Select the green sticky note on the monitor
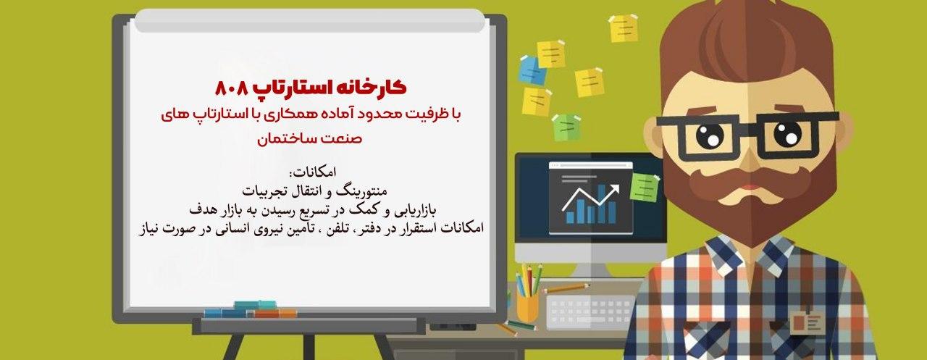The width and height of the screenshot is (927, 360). (644, 188)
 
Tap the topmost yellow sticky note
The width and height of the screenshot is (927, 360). (624, 28)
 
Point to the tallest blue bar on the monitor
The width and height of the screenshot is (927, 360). (612, 212)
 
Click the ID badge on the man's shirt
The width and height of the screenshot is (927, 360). (805, 319)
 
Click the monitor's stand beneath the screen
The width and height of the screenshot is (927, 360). (590, 269)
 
